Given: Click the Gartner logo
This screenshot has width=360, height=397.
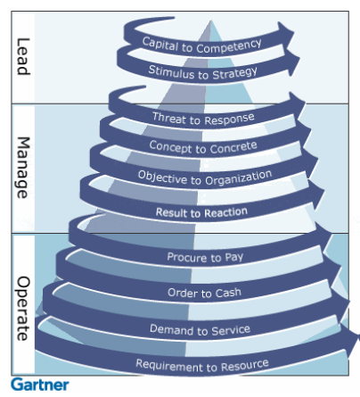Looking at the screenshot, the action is [40, 385].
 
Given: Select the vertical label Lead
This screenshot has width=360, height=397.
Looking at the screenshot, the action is [23, 56].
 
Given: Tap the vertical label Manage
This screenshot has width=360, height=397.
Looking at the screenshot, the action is [23, 168].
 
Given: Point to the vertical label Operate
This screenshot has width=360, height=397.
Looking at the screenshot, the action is [23, 309].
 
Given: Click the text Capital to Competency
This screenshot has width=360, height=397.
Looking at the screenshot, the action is [201, 46].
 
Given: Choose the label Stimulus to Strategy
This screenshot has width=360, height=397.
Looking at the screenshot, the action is [203, 72].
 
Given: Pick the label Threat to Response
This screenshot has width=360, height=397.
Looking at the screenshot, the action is [203, 119].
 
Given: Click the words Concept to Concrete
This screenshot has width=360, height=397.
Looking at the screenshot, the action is [203, 147].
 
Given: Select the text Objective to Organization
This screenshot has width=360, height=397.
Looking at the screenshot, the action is [205, 178].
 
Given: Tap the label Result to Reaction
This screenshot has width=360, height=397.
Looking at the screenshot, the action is [201, 212].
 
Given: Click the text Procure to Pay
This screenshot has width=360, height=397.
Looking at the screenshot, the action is [205, 257].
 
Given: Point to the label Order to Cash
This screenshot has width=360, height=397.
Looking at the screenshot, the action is [204, 293].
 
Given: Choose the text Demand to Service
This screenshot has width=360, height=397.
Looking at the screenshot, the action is [200, 330].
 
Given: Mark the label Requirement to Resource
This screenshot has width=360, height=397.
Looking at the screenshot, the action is [202, 366].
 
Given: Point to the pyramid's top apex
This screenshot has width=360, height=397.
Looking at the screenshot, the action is [211, 21].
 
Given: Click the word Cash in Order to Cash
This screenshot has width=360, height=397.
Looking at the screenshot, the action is [228, 293].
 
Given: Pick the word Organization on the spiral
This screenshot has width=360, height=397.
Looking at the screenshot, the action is [239, 178].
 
